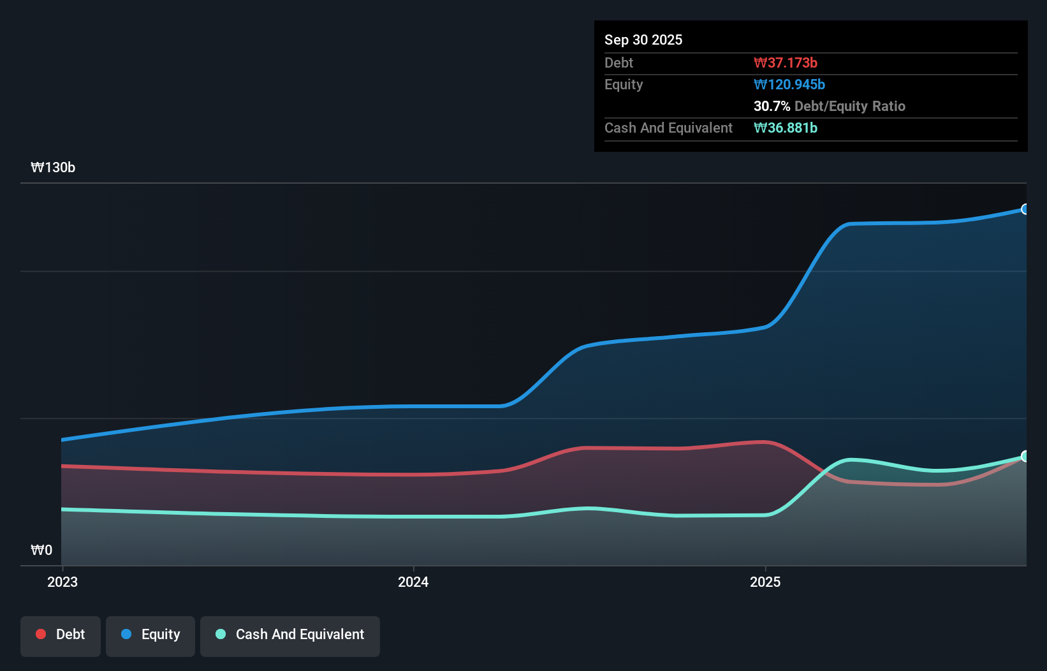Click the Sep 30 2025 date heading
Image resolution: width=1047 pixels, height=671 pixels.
click(643, 40)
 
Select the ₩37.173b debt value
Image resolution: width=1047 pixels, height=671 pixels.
click(785, 63)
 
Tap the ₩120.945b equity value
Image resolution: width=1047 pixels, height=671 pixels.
click(789, 84)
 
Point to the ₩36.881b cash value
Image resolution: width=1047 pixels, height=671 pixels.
click(785, 128)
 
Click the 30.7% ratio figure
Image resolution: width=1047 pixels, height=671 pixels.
click(772, 106)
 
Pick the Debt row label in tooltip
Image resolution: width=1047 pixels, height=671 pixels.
click(619, 63)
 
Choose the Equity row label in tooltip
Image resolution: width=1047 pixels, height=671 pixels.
click(623, 84)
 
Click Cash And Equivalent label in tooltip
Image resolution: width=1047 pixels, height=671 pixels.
click(668, 128)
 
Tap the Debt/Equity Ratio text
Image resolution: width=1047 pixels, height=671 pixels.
click(849, 106)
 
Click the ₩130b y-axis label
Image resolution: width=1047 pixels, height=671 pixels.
click(53, 167)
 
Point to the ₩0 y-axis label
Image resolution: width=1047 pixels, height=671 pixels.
click(41, 550)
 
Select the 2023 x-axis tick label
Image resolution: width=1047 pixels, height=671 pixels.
click(62, 582)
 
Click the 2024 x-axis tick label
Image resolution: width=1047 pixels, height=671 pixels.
click(413, 582)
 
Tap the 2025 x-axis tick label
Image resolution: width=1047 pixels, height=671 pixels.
click(765, 582)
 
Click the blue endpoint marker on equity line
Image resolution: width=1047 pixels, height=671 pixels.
click(1025, 209)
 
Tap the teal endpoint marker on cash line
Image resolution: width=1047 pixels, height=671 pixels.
click(1025, 456)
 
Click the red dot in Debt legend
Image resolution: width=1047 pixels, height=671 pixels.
click(41, 634)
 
